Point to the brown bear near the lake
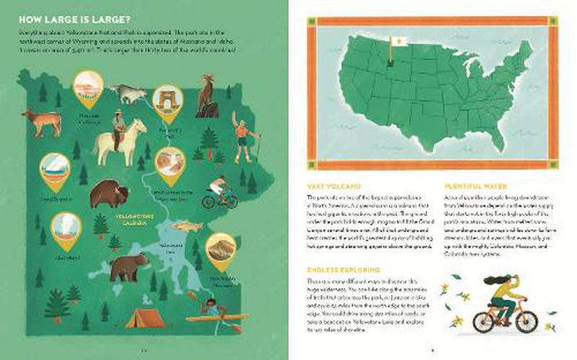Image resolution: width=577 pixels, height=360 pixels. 129,266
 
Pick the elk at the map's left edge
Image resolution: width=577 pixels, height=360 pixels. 41,121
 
